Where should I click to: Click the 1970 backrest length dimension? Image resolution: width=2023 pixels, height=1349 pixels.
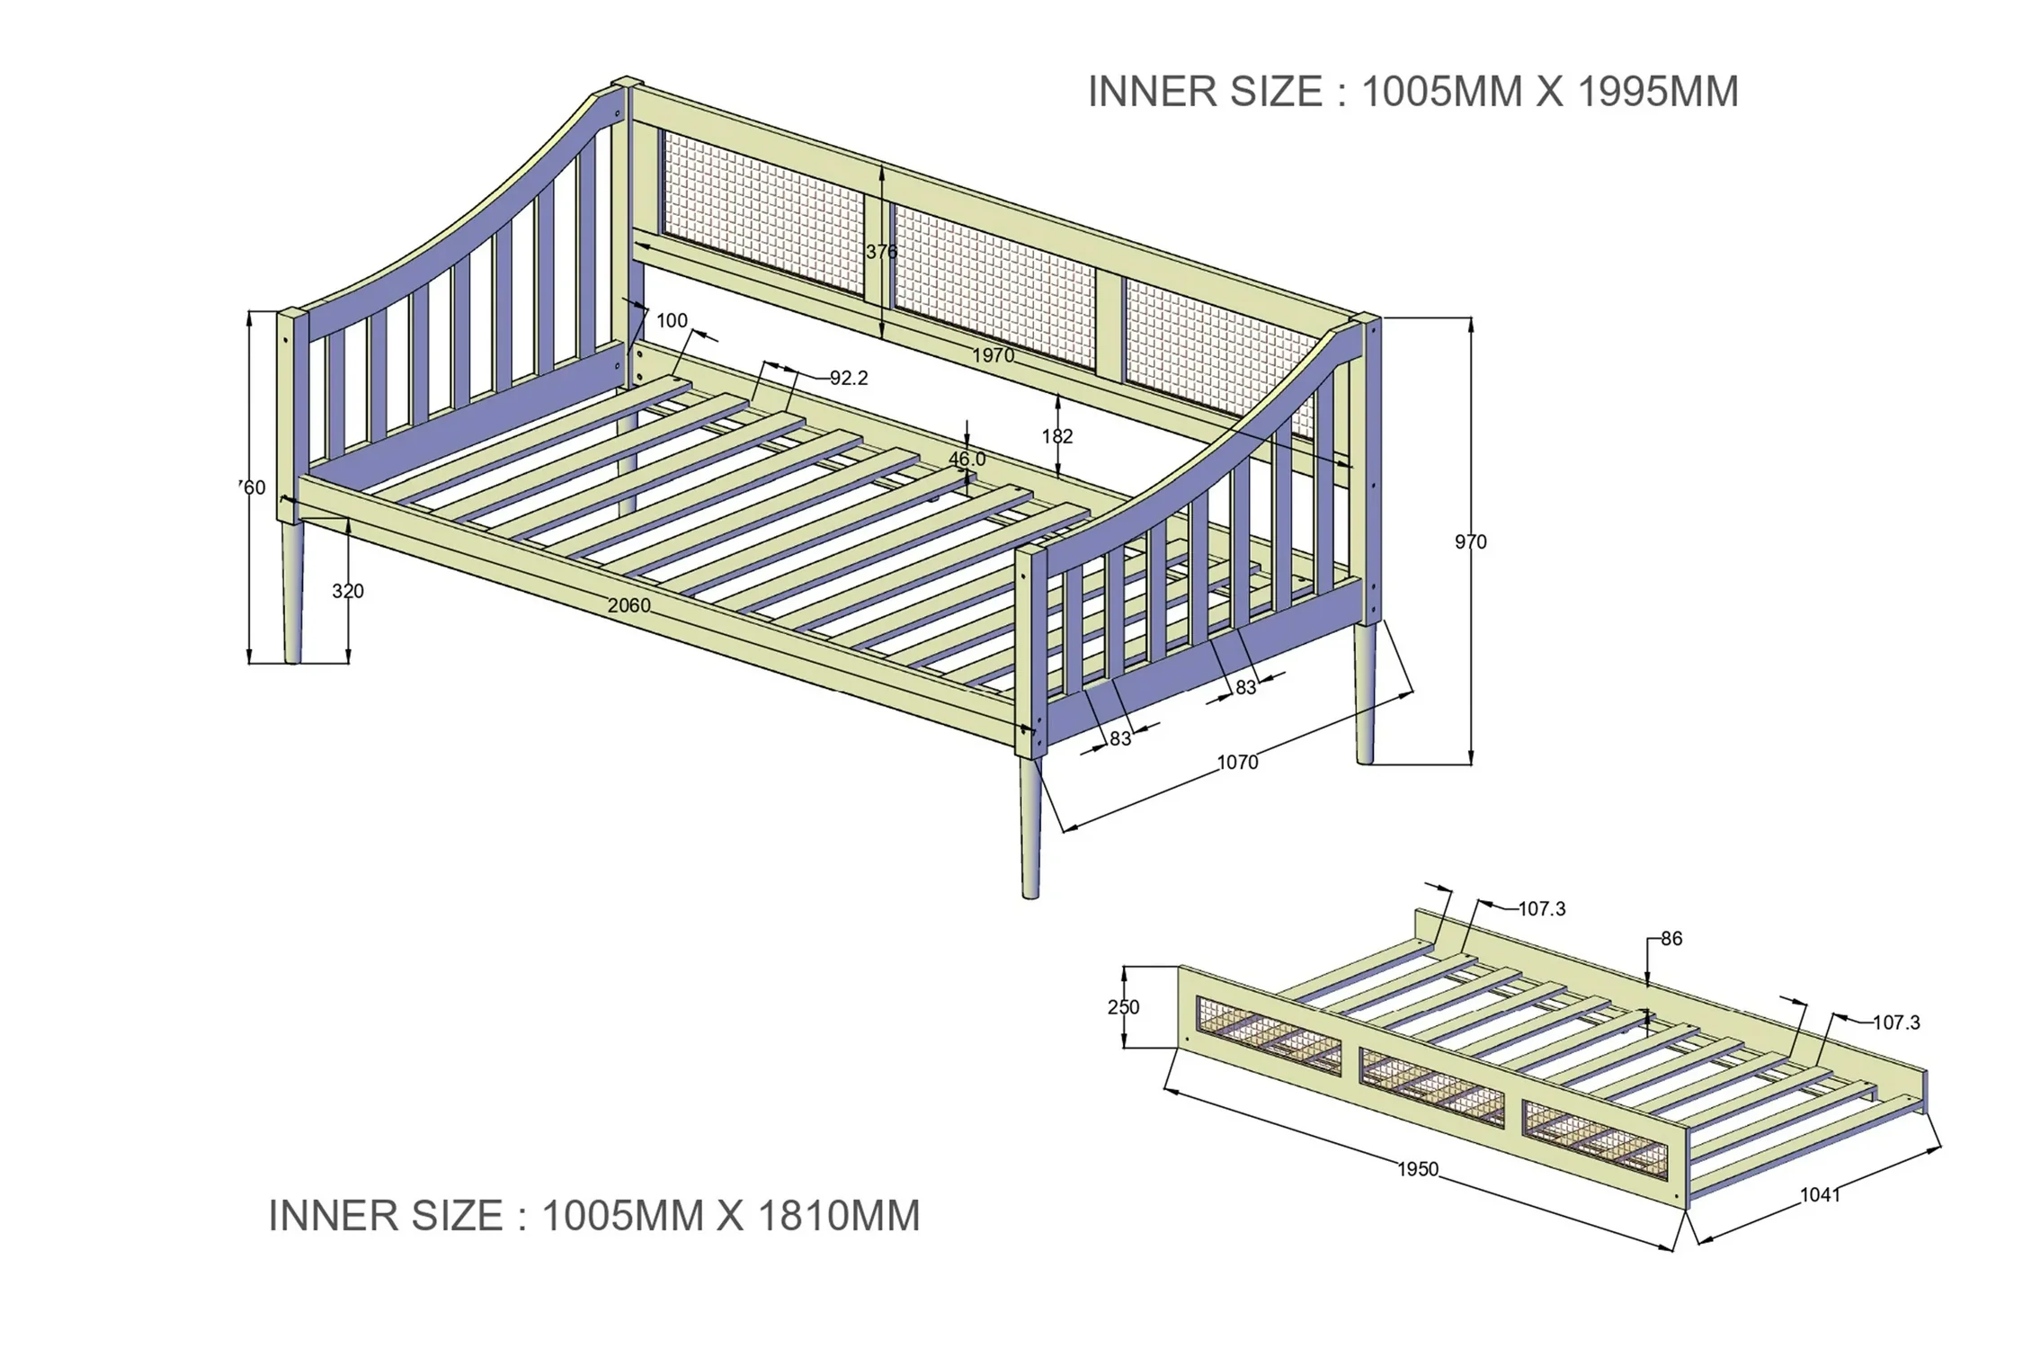[x=993, y=355]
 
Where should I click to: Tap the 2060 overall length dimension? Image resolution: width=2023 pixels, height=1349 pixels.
[x=628, y=605]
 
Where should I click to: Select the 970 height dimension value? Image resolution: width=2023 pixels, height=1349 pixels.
[x=1471, y=541]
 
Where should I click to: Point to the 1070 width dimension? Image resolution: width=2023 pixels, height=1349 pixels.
[x=1238, y=763]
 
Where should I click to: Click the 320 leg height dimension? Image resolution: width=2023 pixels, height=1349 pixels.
[x=348, y=591]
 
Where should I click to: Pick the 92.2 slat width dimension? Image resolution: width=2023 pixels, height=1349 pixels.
[x=849, y=378]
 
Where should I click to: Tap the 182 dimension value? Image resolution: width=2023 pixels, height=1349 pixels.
[x=1057, y=436]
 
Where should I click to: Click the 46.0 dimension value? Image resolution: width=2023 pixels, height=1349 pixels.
[x=967, y=459]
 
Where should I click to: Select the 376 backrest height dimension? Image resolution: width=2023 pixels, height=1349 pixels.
[x=881, y=252]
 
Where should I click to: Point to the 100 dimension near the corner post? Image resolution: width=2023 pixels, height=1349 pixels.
[x=672, y=320]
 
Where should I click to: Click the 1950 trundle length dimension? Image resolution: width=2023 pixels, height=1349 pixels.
[x=1418, y=1169]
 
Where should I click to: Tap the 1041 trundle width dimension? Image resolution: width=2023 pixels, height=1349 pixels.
[x=1820, y=1194]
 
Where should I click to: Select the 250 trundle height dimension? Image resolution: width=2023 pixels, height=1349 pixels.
[x=1123, y=1007]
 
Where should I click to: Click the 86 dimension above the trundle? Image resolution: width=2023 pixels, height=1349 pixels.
[x=1671, y=939]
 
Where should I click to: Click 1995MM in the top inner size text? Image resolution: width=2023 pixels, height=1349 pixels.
[x=1658, y=92]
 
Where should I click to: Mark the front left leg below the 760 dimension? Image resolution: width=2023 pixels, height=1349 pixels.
[x=291, y=593]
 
